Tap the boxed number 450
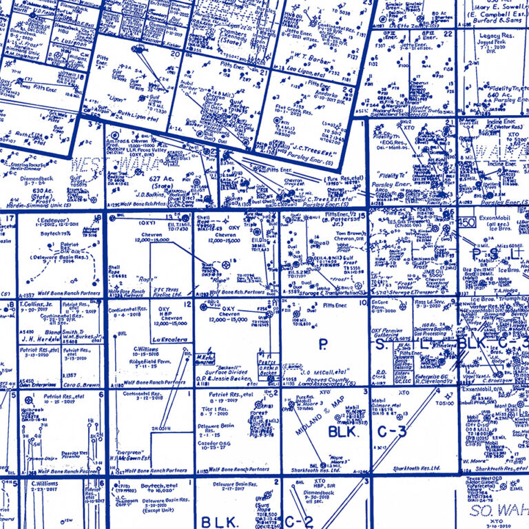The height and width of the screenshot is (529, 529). (x=467, y=222)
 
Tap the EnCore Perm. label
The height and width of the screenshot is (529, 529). (x=383, y=304)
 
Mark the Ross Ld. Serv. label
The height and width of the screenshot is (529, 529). (x=431, y=304)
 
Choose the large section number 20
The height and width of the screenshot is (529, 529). (x=175, y=55)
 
